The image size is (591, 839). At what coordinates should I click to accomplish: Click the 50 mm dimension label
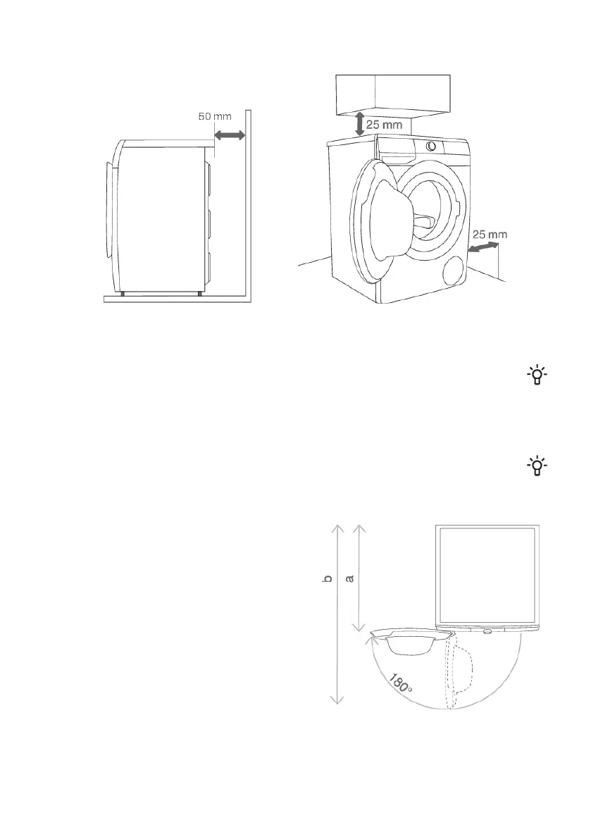tap(215, 116)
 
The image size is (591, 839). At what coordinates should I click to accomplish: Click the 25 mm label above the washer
tap(384, 125)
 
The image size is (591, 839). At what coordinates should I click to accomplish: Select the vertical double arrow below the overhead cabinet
tap(360, 123)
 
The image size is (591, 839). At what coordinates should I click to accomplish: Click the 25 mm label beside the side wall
tap(490, 235)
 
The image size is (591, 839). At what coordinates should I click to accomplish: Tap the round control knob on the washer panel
tap(431, 146)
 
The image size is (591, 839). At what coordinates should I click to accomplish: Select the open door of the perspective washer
tap(374, 219)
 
